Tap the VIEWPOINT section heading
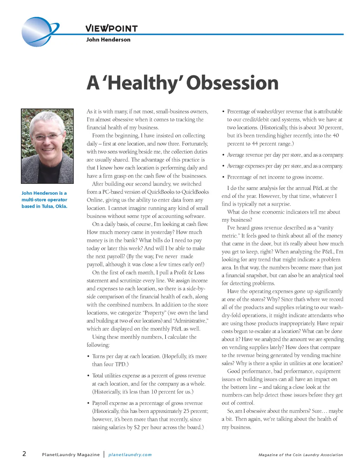111,28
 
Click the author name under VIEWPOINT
108,40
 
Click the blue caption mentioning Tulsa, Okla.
44,200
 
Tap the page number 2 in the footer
24,453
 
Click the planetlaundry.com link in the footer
130,455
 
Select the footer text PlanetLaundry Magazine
71,455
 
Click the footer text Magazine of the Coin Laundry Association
301,455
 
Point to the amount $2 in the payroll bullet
137,427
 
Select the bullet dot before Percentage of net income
223,177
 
